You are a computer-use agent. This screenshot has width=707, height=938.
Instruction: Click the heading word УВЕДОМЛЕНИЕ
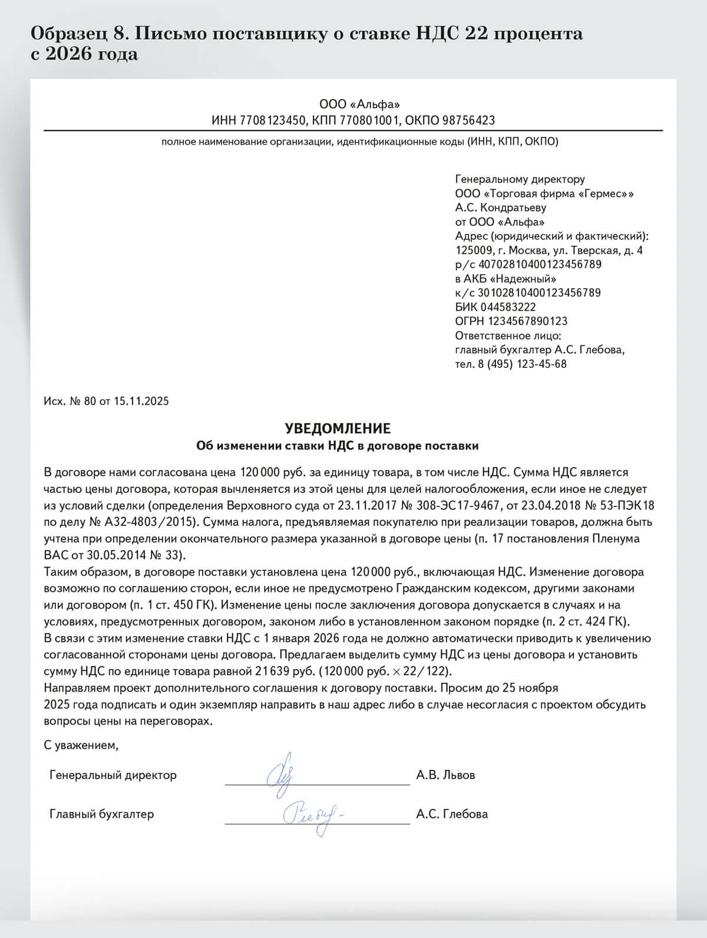point(338,429)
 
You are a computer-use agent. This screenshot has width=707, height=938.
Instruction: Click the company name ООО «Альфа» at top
point(359,105)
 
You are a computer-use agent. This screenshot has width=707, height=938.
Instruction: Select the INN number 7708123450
point(273,121)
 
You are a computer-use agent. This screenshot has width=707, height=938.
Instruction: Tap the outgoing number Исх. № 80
point(70,401)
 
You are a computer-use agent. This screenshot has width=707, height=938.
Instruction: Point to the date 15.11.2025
point(141,401)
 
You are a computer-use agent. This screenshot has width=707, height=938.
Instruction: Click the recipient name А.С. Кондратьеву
point(501,208)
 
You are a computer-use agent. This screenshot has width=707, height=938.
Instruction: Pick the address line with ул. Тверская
point(549,251)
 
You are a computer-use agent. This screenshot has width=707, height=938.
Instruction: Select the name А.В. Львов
point(445,775)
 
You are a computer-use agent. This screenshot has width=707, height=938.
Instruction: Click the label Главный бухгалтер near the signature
point(101,814)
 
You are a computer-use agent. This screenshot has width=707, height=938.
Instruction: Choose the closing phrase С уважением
point(81,745)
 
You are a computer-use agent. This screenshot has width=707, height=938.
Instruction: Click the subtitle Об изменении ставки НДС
point(337,446)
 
